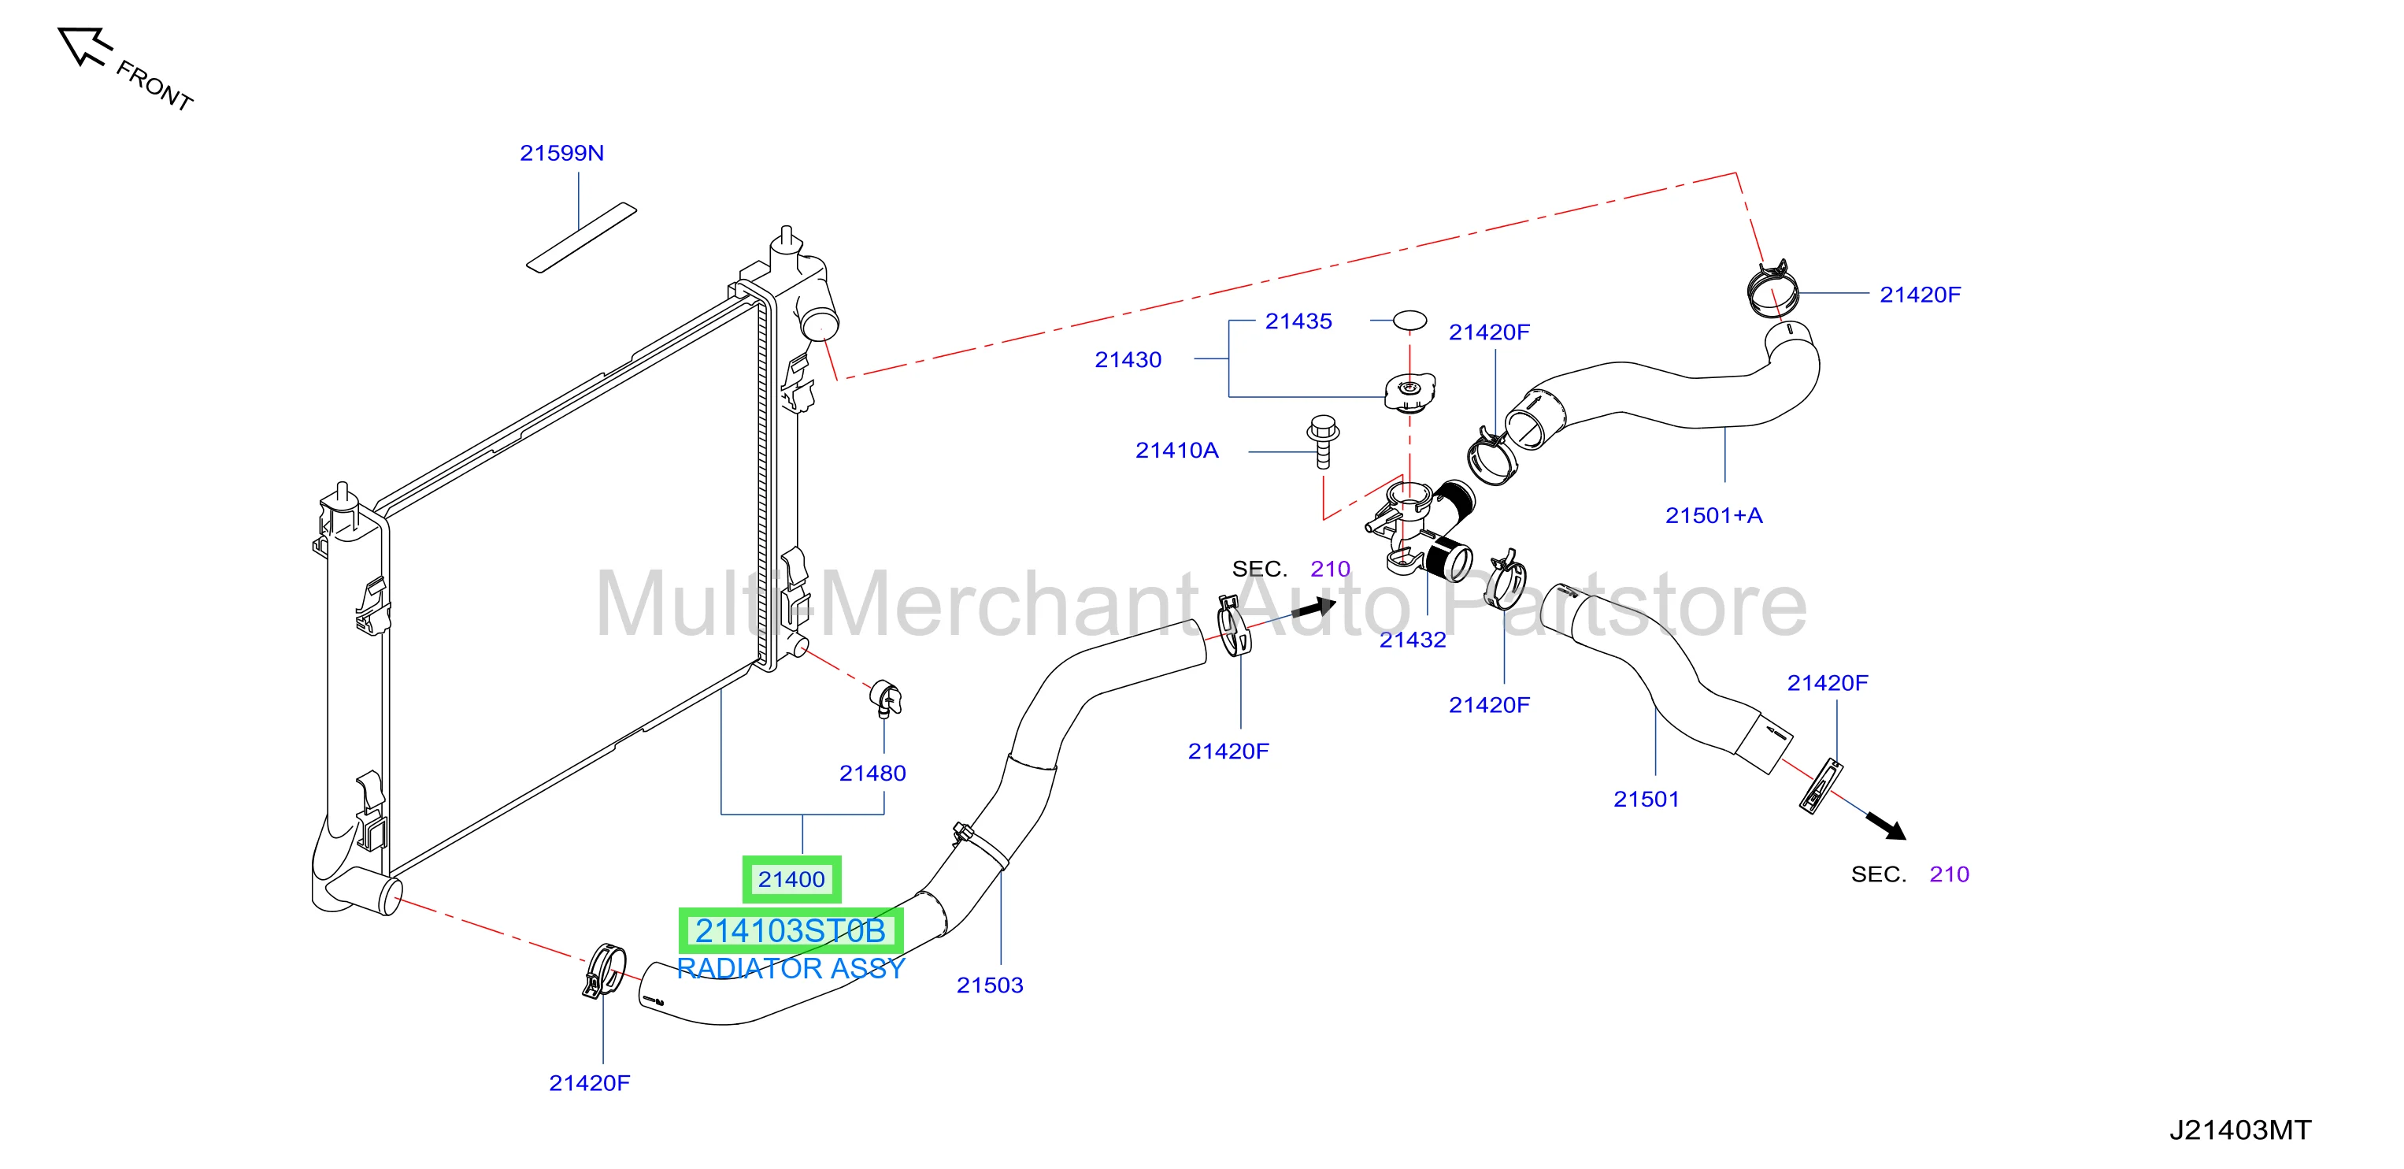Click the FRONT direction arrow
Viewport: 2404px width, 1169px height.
click(x=84, y=46)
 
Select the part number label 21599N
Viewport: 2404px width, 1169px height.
click(x=561, y=153)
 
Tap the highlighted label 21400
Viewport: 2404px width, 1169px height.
click(x=791, y=880)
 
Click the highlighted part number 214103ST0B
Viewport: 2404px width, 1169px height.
click(x=791, y=931)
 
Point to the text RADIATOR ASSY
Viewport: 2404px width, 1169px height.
click(x=791, y=969)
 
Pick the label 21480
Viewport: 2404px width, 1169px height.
click(x=872, y=773)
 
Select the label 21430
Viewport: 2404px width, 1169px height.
click(x=1128, y=359)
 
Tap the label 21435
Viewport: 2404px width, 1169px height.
click(x=1299, y=321)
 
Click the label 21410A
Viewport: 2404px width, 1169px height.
click(x=1177, y=450)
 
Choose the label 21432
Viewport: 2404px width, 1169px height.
click(x=1413, y=640)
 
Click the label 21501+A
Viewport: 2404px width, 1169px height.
click(x=1714, y=515)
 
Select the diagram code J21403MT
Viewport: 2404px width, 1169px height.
click(x=2239, y=1130)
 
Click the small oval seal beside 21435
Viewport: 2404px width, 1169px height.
click(x=1410, y=321)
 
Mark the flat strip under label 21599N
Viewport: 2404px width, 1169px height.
click(x=581, y=238)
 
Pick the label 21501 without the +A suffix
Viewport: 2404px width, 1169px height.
click(x=1646, y=800)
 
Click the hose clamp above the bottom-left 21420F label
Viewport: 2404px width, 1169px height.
click(x=604, y=971)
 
